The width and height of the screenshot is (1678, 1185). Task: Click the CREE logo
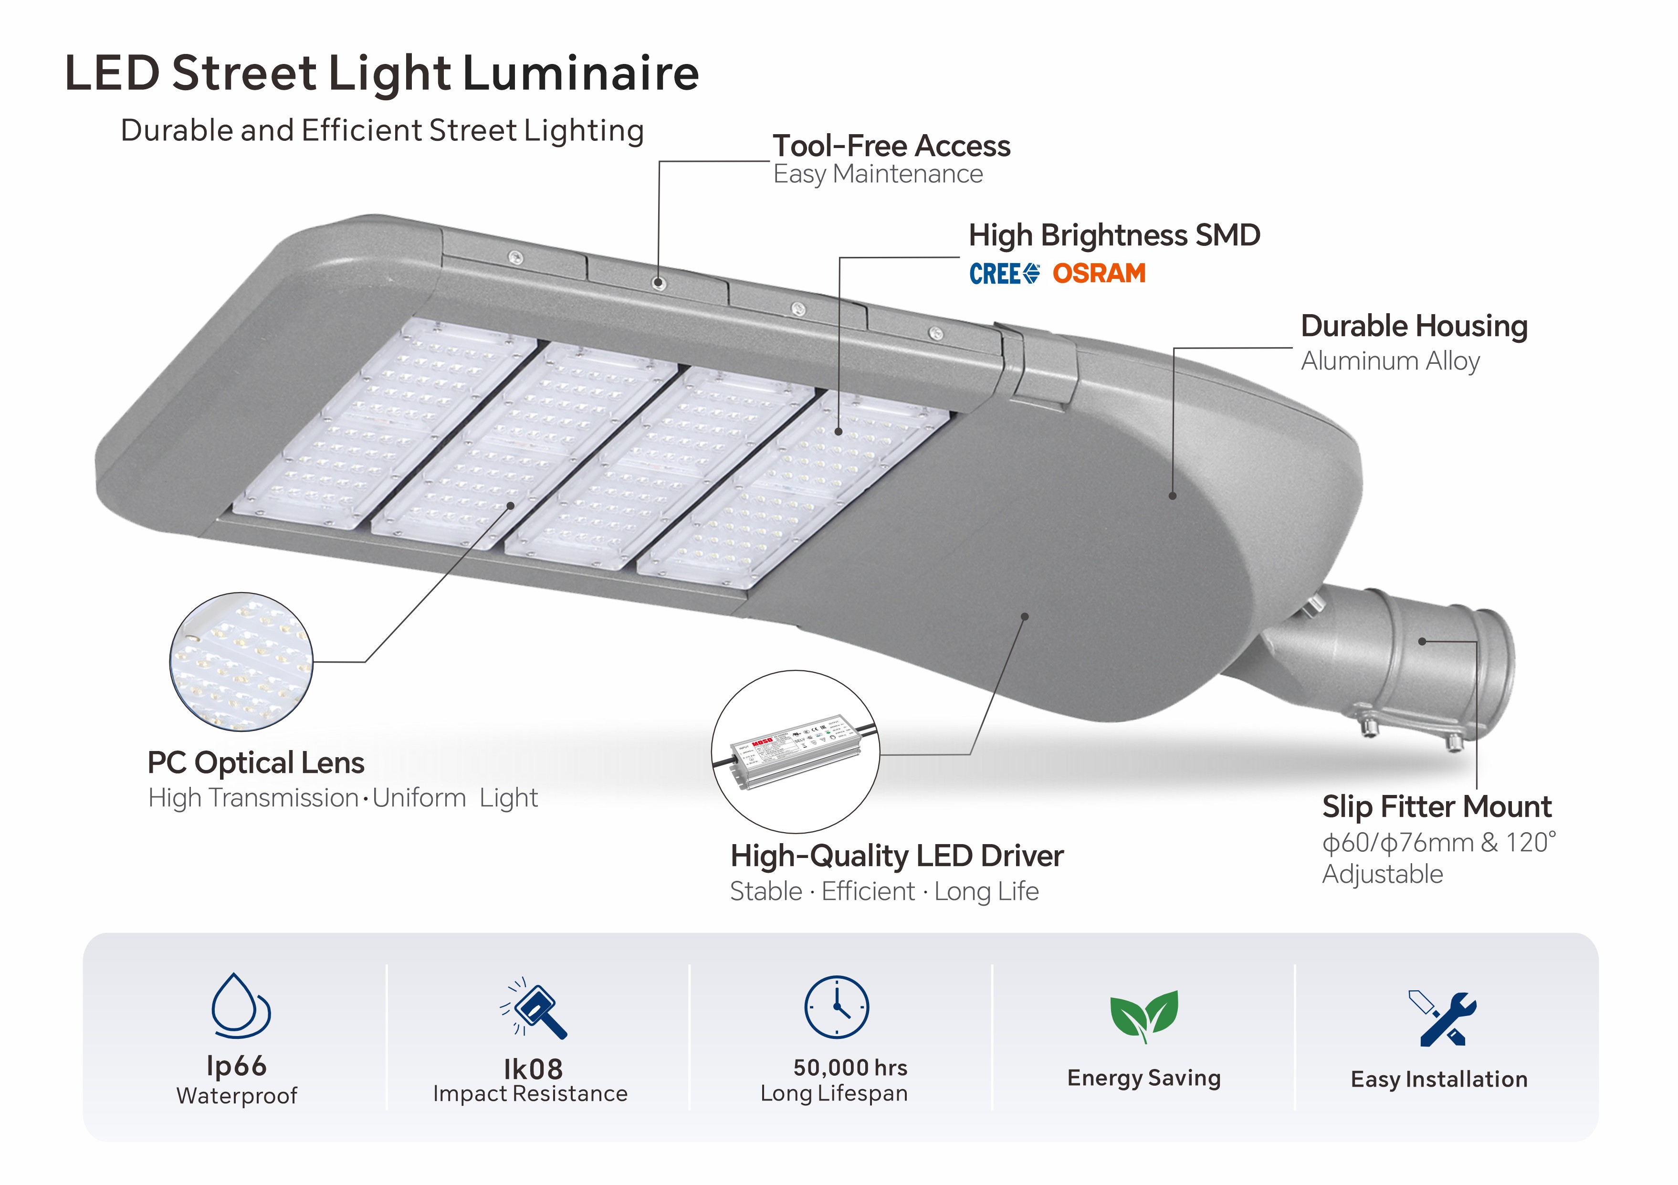coord(1004,274)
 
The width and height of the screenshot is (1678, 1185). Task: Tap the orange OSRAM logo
coord(1099,274)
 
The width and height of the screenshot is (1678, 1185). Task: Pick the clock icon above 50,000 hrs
coord(836,1006)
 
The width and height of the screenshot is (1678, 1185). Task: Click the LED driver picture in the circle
coord(796,751)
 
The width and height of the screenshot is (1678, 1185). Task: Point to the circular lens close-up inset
coord(241,662)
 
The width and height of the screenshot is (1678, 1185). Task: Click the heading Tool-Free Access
coord(891,146)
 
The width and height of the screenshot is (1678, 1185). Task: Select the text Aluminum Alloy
coord(1390,361)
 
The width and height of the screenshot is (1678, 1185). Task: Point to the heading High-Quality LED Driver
coord(897,856)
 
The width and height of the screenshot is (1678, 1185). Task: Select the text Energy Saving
coord(1144,1078)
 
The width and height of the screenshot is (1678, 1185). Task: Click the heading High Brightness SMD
coord(1114,235)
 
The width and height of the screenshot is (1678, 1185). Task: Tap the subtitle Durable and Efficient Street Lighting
coord(382,131)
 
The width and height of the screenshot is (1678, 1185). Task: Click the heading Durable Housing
coord(1414,326)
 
